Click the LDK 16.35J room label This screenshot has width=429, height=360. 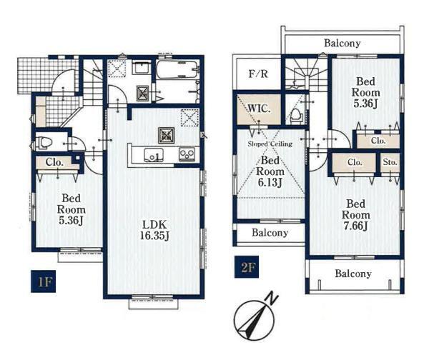(154, 230)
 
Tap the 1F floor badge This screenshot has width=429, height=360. (43, 281)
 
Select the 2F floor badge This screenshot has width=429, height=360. (247, 267)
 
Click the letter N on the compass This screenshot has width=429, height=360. (273, 299)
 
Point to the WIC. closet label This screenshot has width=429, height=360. (259, 109)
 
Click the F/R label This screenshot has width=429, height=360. (258, 74)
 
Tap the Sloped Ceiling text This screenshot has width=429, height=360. (270, 144)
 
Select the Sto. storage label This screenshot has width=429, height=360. (390, 162)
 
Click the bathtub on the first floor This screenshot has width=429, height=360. (177, 69)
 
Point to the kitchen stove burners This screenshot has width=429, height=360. (187, 154)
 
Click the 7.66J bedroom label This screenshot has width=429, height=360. (355, 215)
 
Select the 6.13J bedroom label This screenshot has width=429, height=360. (270, 171)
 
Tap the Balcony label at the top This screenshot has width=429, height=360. (342, 43)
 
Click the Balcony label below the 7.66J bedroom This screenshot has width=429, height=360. (353, 274)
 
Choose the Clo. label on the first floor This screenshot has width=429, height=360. (54, 162)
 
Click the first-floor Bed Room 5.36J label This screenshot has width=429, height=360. (71, 209)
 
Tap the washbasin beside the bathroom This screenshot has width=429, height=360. (141, 67)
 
